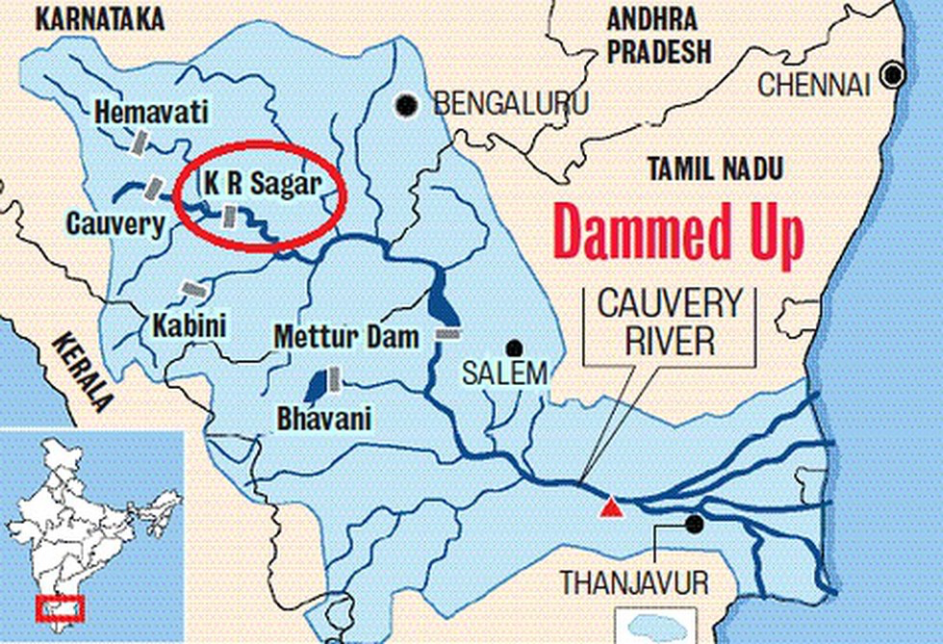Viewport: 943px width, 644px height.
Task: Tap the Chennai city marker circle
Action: coord(895,74)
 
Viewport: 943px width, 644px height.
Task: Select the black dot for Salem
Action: coord(516,348)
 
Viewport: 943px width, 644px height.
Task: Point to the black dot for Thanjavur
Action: coord(693,524)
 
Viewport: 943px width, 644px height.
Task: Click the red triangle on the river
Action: coord(609,507)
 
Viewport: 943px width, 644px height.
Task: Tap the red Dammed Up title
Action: coord(678,235)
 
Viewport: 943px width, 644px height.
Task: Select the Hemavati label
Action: coord(151,113)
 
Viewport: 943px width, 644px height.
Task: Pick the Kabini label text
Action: coord(189,325)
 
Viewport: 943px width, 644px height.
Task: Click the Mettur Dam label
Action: coord(346,338)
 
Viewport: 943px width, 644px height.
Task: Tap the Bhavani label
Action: coord(323,420)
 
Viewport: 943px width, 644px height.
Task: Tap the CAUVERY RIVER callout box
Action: coord(671,322)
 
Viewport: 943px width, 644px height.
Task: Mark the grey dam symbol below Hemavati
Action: coord(140,142)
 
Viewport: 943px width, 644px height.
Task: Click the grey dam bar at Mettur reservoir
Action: coord(448,333)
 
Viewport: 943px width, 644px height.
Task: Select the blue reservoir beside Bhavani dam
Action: coord(314,386)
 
